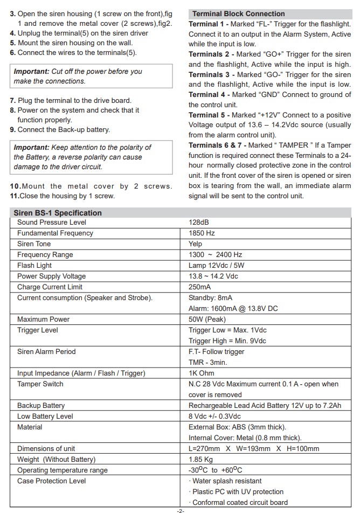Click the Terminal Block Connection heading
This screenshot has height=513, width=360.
click(x=238, y=14)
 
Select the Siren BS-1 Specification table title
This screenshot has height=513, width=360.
click(x=57, y=213)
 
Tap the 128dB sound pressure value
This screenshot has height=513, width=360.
click(x=198, y=223)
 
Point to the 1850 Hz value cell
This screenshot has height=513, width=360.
click(x=202, y=233)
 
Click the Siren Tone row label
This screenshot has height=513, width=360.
click(x=34, y=244)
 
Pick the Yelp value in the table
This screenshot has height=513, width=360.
click(x=195, y=244)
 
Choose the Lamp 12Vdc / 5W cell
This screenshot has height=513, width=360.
click(x=216, y=266)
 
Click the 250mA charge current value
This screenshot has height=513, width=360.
click(x=199, y=287)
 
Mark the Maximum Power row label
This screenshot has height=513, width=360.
click(x=43, y=320)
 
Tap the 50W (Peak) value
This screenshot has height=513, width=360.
click(x=207, y=320)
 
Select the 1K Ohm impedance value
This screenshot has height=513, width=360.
click(x=201, y=373)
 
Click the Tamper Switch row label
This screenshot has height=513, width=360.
click(x=40, y=384)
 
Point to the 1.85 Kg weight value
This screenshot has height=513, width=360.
click(x=200, y=460)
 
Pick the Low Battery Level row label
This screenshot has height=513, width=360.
click(x=45, y=417)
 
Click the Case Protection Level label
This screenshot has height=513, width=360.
click(x=51, y=481)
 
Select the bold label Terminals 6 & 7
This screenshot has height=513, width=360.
click(x=217, y=145)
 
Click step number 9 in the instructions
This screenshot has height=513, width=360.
click(x=12, y=130)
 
